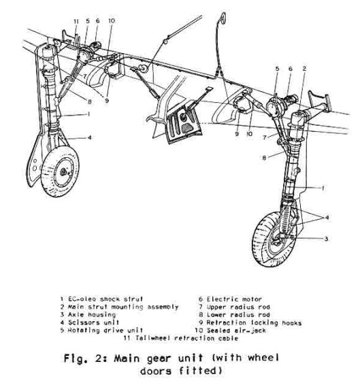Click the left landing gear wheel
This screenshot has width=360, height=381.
pyautogui.click(x=60, y=171)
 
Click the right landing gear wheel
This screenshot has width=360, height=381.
pyautogui.click(x=274, y=239)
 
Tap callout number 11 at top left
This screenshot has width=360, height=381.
pyautogui.click(x=76, y=21)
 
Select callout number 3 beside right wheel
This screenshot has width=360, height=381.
pyautogui.click(x=326, y=239)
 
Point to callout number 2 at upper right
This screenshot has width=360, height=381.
pyautogui.click(x=304, y=69)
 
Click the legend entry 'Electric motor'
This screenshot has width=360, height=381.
pyautogui.click(x=234, y=299)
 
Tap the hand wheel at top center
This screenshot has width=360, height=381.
pyautogui.click(x=223, y=18)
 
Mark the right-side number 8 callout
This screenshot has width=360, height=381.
pyautogui.click(x=264, y=158)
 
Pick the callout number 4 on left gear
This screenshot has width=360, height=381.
pyautogui.click(x=89, y=137)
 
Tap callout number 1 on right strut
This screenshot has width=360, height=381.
pyautogui.click(x=323, y=188)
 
